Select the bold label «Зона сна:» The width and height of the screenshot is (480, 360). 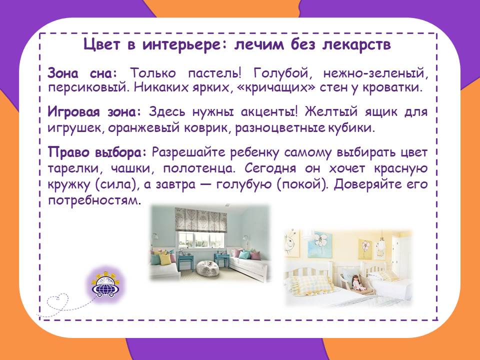click(82, 73)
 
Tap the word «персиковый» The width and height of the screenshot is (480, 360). click(86, 88)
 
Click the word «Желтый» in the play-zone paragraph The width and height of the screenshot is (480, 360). click(331, 111)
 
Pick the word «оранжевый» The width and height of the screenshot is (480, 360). click(143, 127)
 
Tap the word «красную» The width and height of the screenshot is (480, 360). click(400, 168)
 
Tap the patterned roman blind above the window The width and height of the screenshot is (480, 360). click(201, 219)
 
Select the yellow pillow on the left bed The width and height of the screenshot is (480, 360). click(165, 260)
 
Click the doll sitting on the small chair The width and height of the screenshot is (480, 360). click(356, 283)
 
